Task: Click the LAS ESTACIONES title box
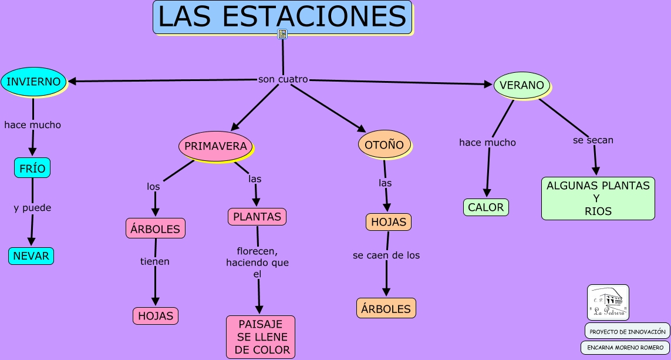[x=282, y=17]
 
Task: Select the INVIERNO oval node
[x=33, y=82]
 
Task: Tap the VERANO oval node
[x=522, y=85]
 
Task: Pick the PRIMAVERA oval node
[x=215, y=146]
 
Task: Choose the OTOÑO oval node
[x=384, y=144]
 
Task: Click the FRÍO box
[x=32, y=168]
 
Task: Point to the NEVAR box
[x=31, y=256]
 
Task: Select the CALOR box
[x=485, y=207]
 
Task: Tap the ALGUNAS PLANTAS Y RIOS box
[x=598, y=198]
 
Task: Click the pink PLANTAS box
[x=257, y=217]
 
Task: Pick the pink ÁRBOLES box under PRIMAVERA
[x=156, y=228]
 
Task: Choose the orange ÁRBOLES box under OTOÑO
[x=386, y=308]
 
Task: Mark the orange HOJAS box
[x=388, y=222]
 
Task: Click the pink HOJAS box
[x=156, y=316]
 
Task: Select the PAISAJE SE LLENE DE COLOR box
[x=261, y=337]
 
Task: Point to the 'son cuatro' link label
[x=283, y=79]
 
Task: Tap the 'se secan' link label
[x=593, y=140]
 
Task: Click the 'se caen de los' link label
[x=386, y=255]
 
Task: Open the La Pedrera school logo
[x=608, y=302]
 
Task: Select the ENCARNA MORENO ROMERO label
[x=625, y=348]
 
